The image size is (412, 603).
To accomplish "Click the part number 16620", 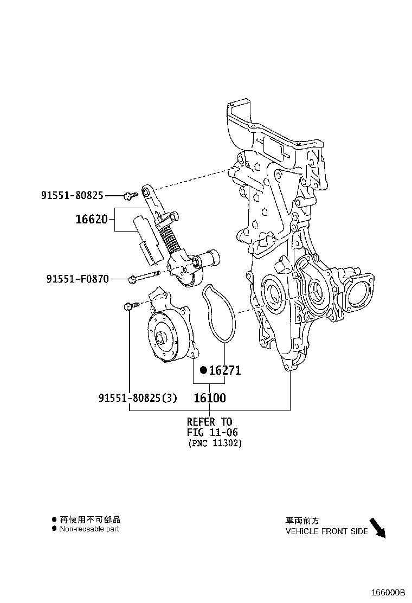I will tap(92, 220).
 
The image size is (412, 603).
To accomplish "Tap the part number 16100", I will tap(209, 397).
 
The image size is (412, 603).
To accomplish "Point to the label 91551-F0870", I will tap(78, 279).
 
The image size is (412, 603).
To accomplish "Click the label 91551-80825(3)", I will tap(138, 397).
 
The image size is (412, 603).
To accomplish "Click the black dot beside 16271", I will tap(203, 370).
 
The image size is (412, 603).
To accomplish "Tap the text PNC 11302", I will tap(215, 443).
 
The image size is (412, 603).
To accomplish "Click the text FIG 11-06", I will tap(213, 432).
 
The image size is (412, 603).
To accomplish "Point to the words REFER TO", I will tap(209, 421).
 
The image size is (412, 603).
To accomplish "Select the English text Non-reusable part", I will tap(89, 529).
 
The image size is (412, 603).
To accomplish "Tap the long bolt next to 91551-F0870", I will tap(144, 278).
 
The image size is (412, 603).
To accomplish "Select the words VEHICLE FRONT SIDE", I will tap(326, 531).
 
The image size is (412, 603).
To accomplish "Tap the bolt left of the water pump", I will tap(128, 307).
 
